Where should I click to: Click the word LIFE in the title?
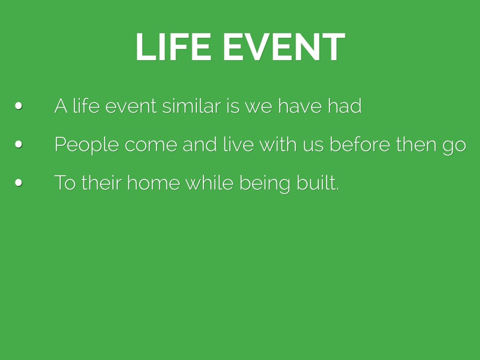(x=173, y=47)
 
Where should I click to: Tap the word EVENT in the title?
(x=285, y=47)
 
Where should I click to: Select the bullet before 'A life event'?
(x=18, y=106)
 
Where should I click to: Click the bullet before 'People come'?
(x=18, y=144)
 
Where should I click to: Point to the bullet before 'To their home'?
(x=18, y=183)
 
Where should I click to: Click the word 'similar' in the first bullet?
(x=192, y=106)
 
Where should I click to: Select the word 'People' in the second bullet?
(x=87, y=144)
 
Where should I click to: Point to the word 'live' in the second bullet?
(x=239, y=144)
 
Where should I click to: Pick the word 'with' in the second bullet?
(x=278, y=144)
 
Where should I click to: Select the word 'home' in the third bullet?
(x=153, y=183)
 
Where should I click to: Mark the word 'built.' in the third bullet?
(x=318, y=183)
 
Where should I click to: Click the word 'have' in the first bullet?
(x=300, y=106)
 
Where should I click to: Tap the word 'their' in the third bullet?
(x=101, y=183)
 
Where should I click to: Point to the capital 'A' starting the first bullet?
(x=61, y=106)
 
